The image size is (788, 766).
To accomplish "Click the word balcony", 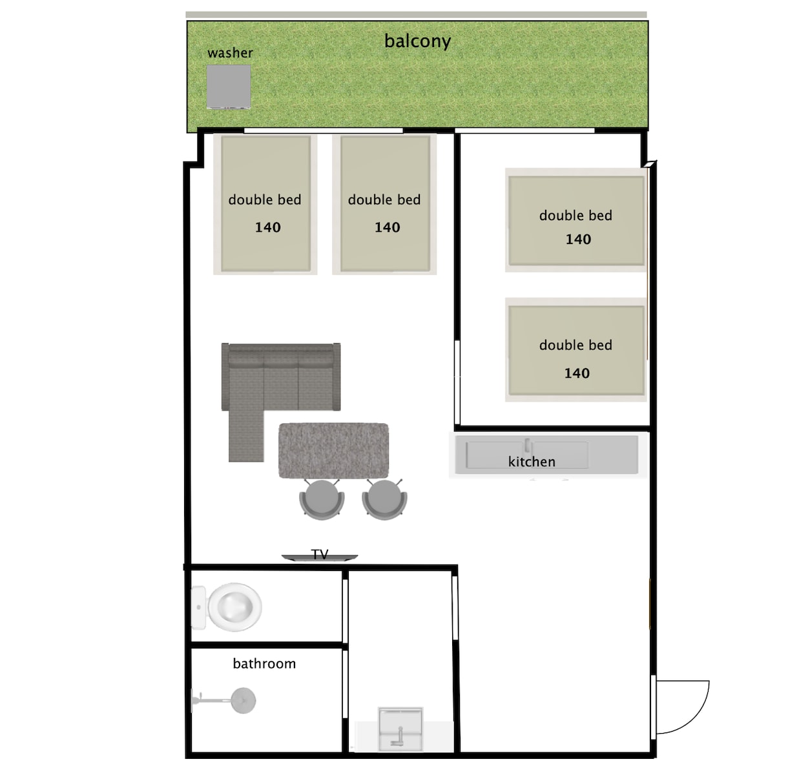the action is tap(417, 41).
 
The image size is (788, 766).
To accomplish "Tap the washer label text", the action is tap(230, 52).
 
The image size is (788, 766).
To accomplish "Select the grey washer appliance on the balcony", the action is tap(229, 87).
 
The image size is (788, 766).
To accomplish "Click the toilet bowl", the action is tap(234, 607).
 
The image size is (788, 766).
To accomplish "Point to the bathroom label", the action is tap(264, 663).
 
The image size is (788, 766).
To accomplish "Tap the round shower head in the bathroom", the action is tap(243, 700).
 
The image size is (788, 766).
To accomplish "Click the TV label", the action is tap(320, 554).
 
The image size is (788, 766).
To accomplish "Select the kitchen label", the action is tap(532, 462).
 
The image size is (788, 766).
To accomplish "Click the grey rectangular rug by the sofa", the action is tap(333, 451).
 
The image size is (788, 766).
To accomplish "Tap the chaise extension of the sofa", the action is tap(246, 435).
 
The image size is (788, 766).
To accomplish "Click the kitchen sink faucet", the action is tap(528, 446).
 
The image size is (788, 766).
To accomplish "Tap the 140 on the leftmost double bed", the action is tap(267, 227).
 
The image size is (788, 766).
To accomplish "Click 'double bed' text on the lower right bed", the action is tap(575, 345).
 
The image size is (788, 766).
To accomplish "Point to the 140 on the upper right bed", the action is tap(578, 239).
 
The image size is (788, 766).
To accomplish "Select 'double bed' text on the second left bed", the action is tap(384, 200).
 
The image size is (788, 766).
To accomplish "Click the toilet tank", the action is tap(198, 607).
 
